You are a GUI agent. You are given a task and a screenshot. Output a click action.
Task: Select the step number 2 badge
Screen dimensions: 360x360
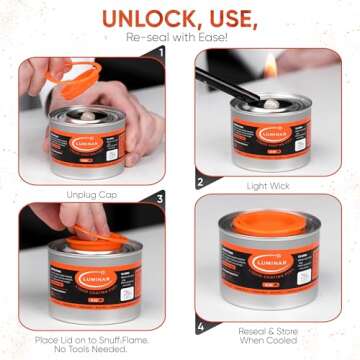click(200, 182)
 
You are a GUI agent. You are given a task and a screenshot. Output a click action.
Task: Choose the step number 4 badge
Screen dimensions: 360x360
click(200, 324)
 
